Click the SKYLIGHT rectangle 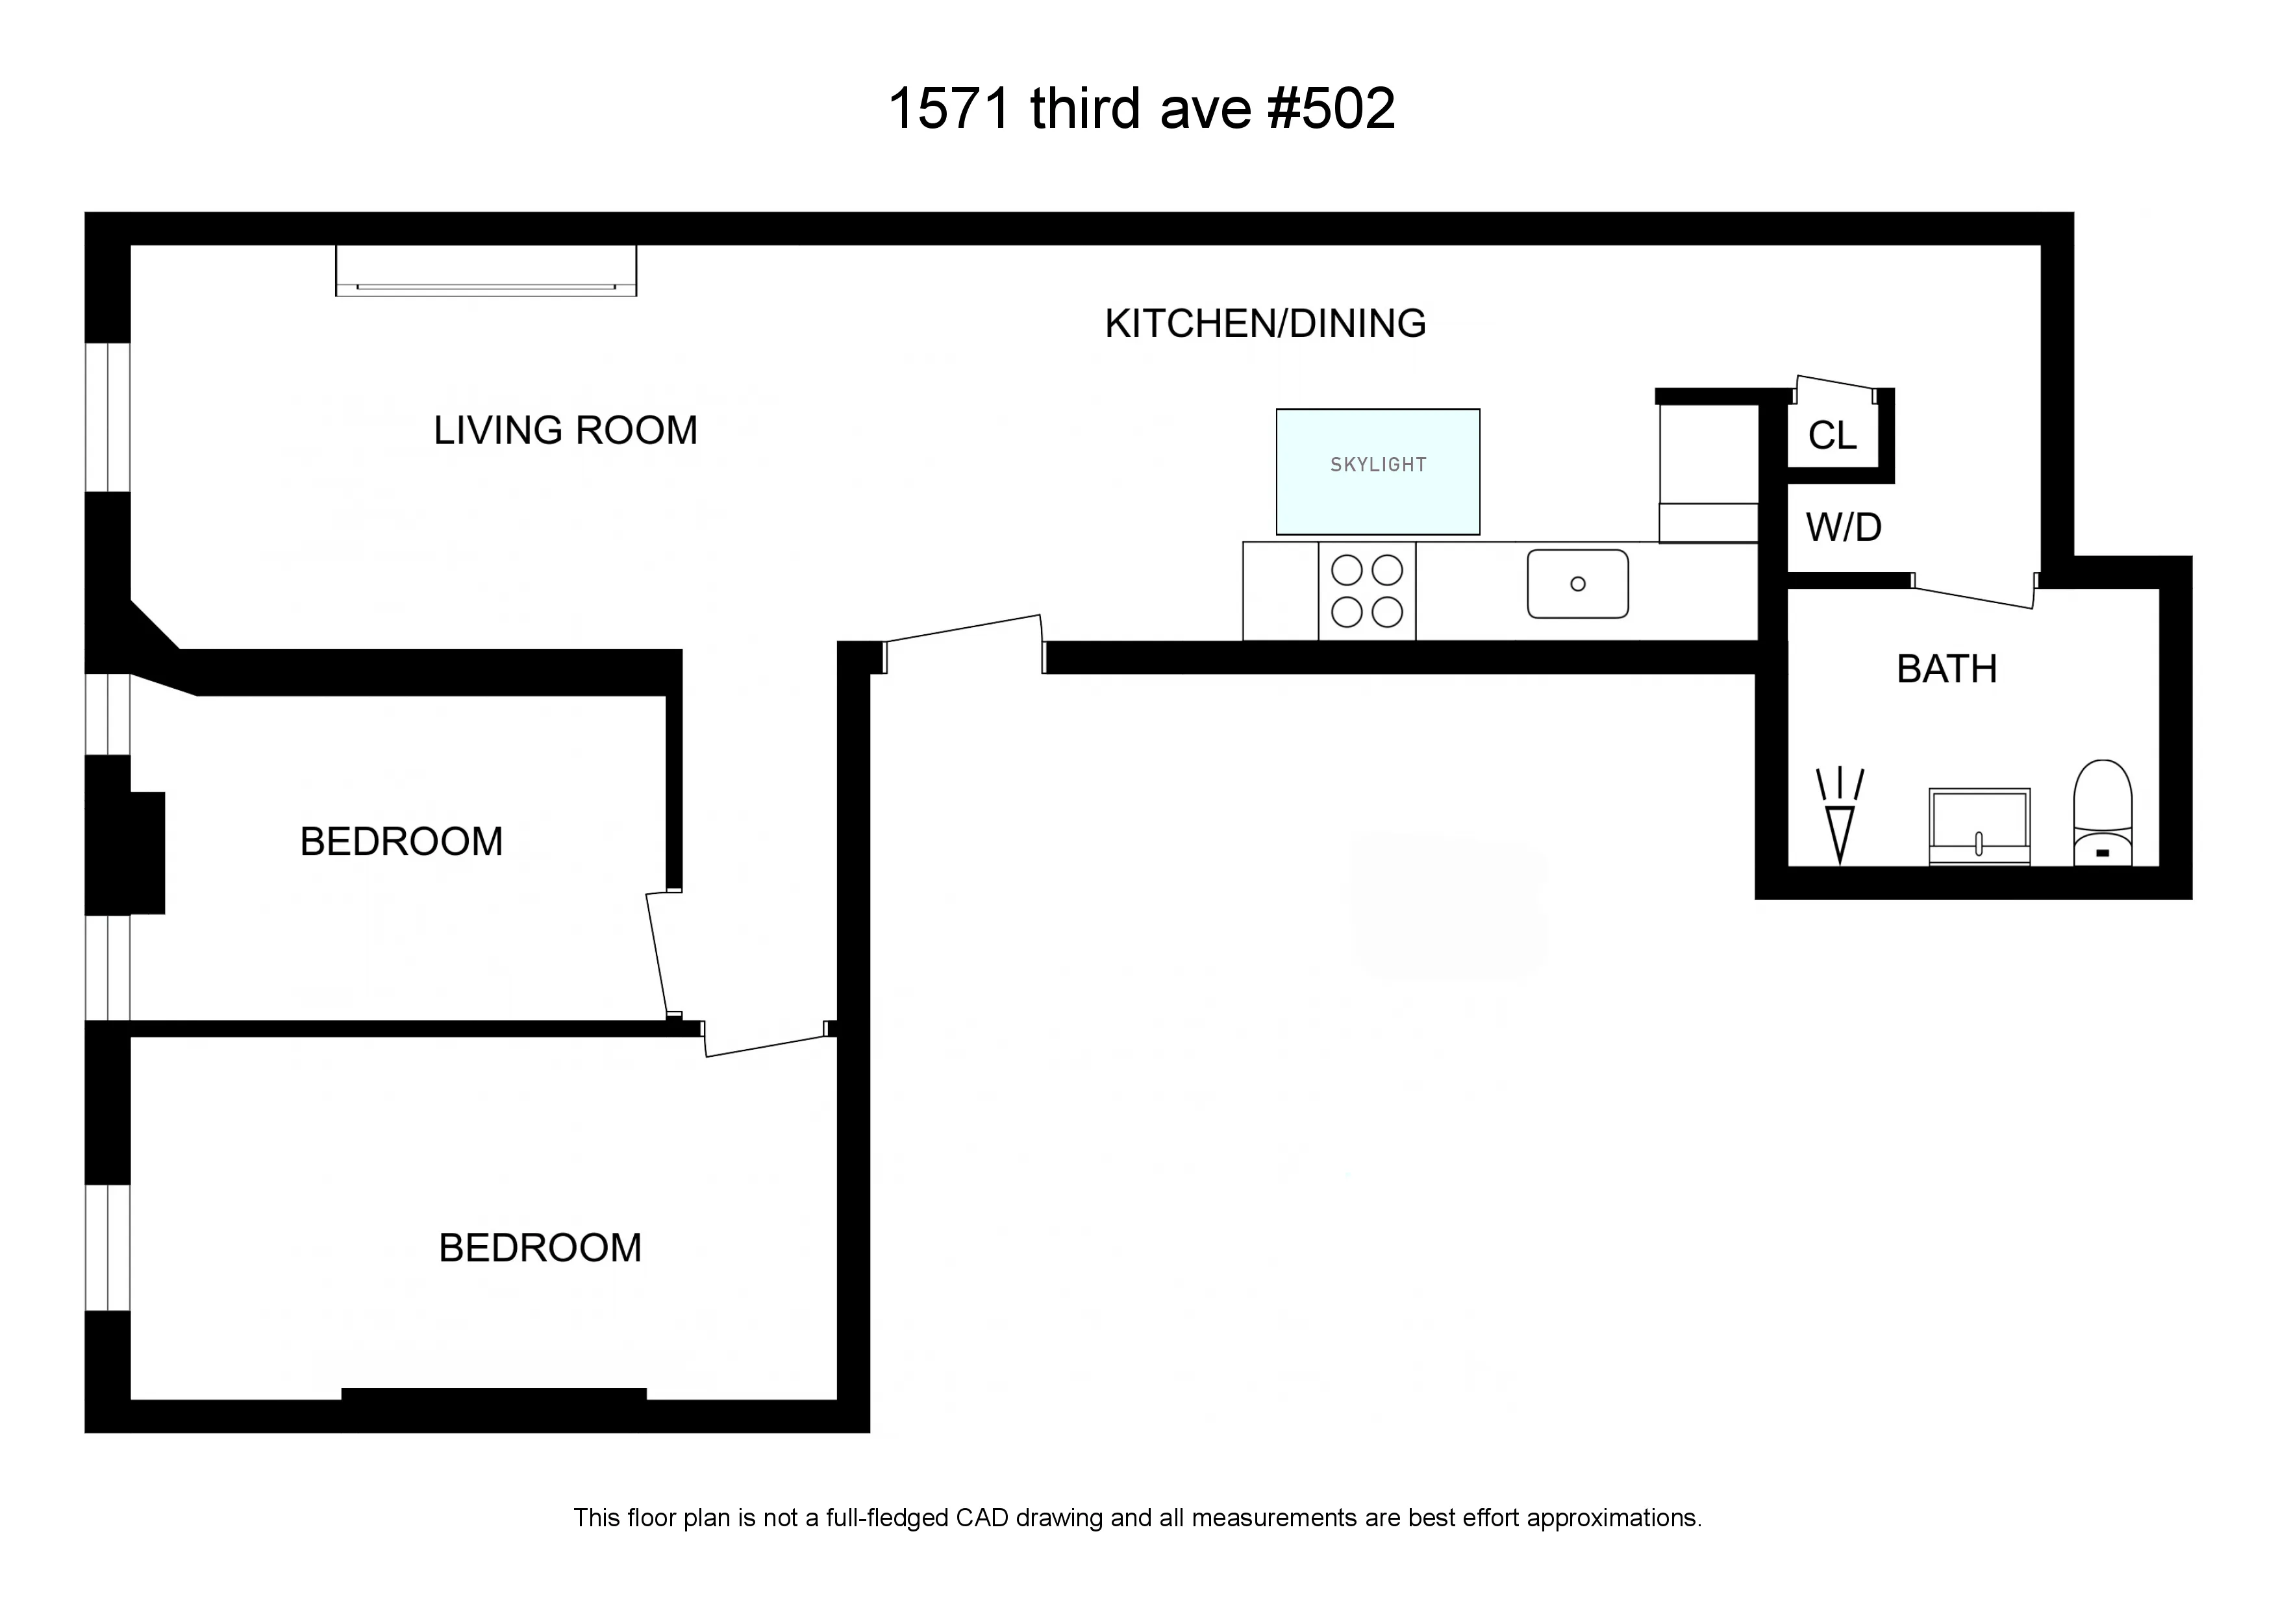pyautogui.click(x=1377, y=471)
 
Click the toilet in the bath pyautogui.click(x=2103, y=813)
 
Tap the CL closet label pyautogui.click(x=1831, y=436)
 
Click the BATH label pyautogui.click(x=1947, y=669)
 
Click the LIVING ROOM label pyautogui.click(x=566, y=430)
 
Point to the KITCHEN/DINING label pyautogui.click(x=1265, y=323)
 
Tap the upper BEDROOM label pyautogui.click(x=401, y=841)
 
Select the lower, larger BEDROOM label pyautogui.click(x=540, y=1247)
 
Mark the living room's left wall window pyautogui.click(x=107, y=417)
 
